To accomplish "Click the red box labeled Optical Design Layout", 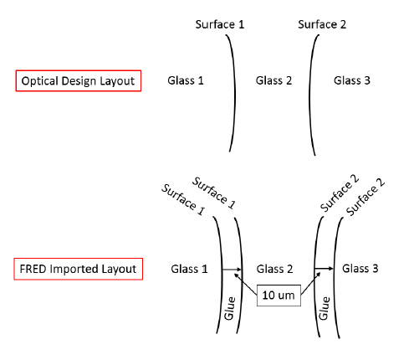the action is pyautogui.click(x=79, y=80).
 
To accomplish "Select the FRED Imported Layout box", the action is pyautogui.click(x=79, y=269).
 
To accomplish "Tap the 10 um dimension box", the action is pyautogui.click(x=279, y=296).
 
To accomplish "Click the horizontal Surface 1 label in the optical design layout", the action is pyautogui.click(x=220, y=24).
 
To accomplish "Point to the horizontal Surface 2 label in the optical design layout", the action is pyautogui.click(x=322, y=24).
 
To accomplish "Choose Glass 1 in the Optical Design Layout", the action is pyautogui.click(x=186, y=80).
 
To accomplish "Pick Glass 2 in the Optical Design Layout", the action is pyautogui.click(x=273, y=80).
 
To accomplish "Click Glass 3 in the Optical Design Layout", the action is pyautogui.click(x=352, y=80).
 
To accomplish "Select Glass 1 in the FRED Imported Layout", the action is pyautogui.click(x=189, y=269).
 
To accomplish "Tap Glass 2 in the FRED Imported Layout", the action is pyautogui.click(x=274, y=269).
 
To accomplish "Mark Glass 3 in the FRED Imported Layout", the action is pyautogui.click(x=360, y=269).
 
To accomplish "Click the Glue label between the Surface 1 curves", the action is pyautogui.click(x=230, y=308).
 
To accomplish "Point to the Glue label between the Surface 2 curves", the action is pyautogui.click(x=325, y=308).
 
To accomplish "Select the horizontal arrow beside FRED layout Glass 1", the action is pyautogui.click(x=232, y=270).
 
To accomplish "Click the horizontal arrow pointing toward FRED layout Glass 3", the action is pyautogui.click(x=324, y=269).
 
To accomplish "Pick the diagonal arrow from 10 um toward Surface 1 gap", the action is pyautogui.click(x=245, y=284).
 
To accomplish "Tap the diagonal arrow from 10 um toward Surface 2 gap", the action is pyautogui.click(x=311, y=283).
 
